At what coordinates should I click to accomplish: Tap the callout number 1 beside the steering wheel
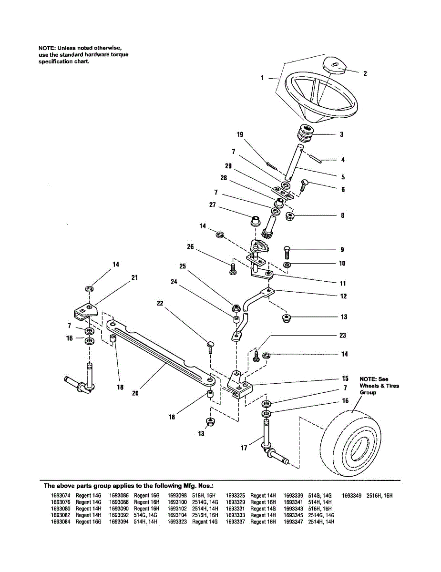pos(262,78)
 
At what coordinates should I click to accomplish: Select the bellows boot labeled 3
pos(305,133)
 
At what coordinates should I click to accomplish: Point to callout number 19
pos(239,135)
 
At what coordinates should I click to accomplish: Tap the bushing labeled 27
pos(256,221)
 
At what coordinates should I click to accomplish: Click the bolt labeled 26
pos(233,268)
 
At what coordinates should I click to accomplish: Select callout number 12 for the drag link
pos(343,296)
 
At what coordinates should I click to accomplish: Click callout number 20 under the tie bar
pos(135,394)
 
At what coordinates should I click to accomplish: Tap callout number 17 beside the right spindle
pos(244,448)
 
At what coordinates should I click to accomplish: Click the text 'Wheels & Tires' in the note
pos(379,386)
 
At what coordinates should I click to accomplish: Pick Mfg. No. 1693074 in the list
pos(61,496)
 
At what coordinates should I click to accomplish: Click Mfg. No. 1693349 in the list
pos(352,496)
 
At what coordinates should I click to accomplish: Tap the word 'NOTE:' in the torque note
pos(47,48)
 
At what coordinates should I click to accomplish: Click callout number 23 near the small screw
pos(342,335)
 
